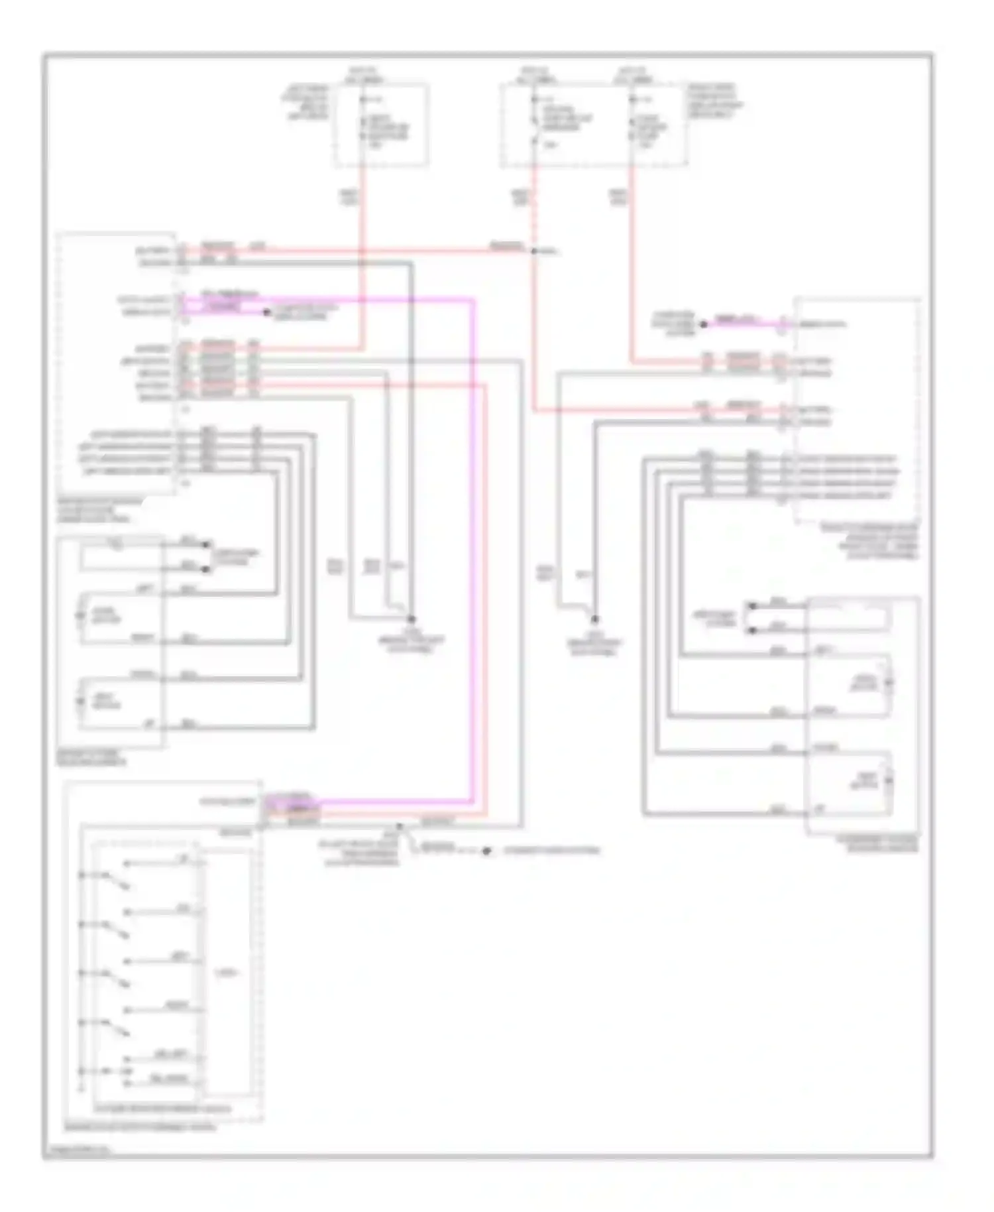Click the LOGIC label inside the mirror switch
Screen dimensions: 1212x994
pos(227,974)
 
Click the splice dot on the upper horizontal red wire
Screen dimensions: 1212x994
pos(534,251)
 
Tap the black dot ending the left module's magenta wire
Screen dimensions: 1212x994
pos(267,312)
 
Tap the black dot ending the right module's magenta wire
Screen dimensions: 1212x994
pos(704,324)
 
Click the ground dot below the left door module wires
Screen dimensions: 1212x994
pos(411,619)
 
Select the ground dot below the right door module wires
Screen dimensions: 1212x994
pos(594,619)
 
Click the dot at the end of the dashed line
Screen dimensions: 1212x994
pos(486,851)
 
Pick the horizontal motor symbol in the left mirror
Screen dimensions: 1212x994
pos(81,616)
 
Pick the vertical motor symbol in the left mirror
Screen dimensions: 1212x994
pos(81,701)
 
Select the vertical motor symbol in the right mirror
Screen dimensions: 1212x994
pos(890,782)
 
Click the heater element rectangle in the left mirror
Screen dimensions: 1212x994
pos(121,556)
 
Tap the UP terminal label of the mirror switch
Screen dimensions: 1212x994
pos(183,860)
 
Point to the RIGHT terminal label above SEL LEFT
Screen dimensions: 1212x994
pos(176,1006)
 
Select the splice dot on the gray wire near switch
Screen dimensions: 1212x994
pos(399,827)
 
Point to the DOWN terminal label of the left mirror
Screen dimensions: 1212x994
pos(143,675)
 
